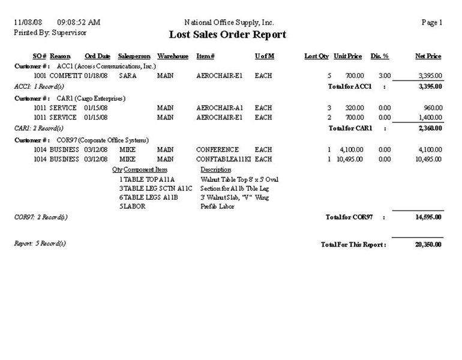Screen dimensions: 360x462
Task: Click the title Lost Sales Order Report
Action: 227,35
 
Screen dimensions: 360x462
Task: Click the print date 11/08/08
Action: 28,22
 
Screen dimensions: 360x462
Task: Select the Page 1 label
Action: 432,22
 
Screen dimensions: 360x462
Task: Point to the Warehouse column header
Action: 173,56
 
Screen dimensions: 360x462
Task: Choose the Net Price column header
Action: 428,56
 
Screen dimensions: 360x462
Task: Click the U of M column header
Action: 265,56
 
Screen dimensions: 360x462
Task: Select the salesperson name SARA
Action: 128,76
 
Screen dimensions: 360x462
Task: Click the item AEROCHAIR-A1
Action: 218,108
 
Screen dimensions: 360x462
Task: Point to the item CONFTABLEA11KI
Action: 223,159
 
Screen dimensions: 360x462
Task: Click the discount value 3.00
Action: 385,76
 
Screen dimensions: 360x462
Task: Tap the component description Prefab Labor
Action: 218,206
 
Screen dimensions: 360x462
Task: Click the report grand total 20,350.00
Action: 428,245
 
